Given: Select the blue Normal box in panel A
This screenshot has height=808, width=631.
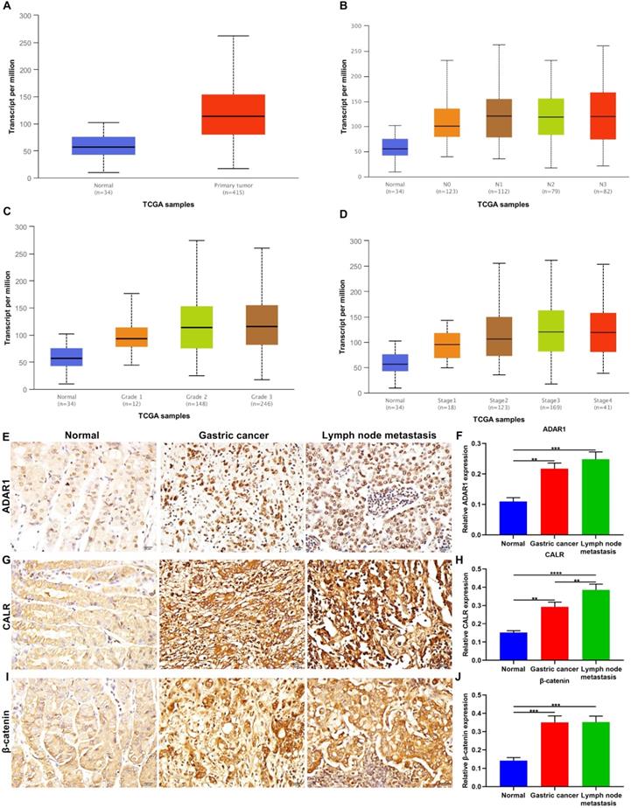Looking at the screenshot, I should point(103,145).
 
